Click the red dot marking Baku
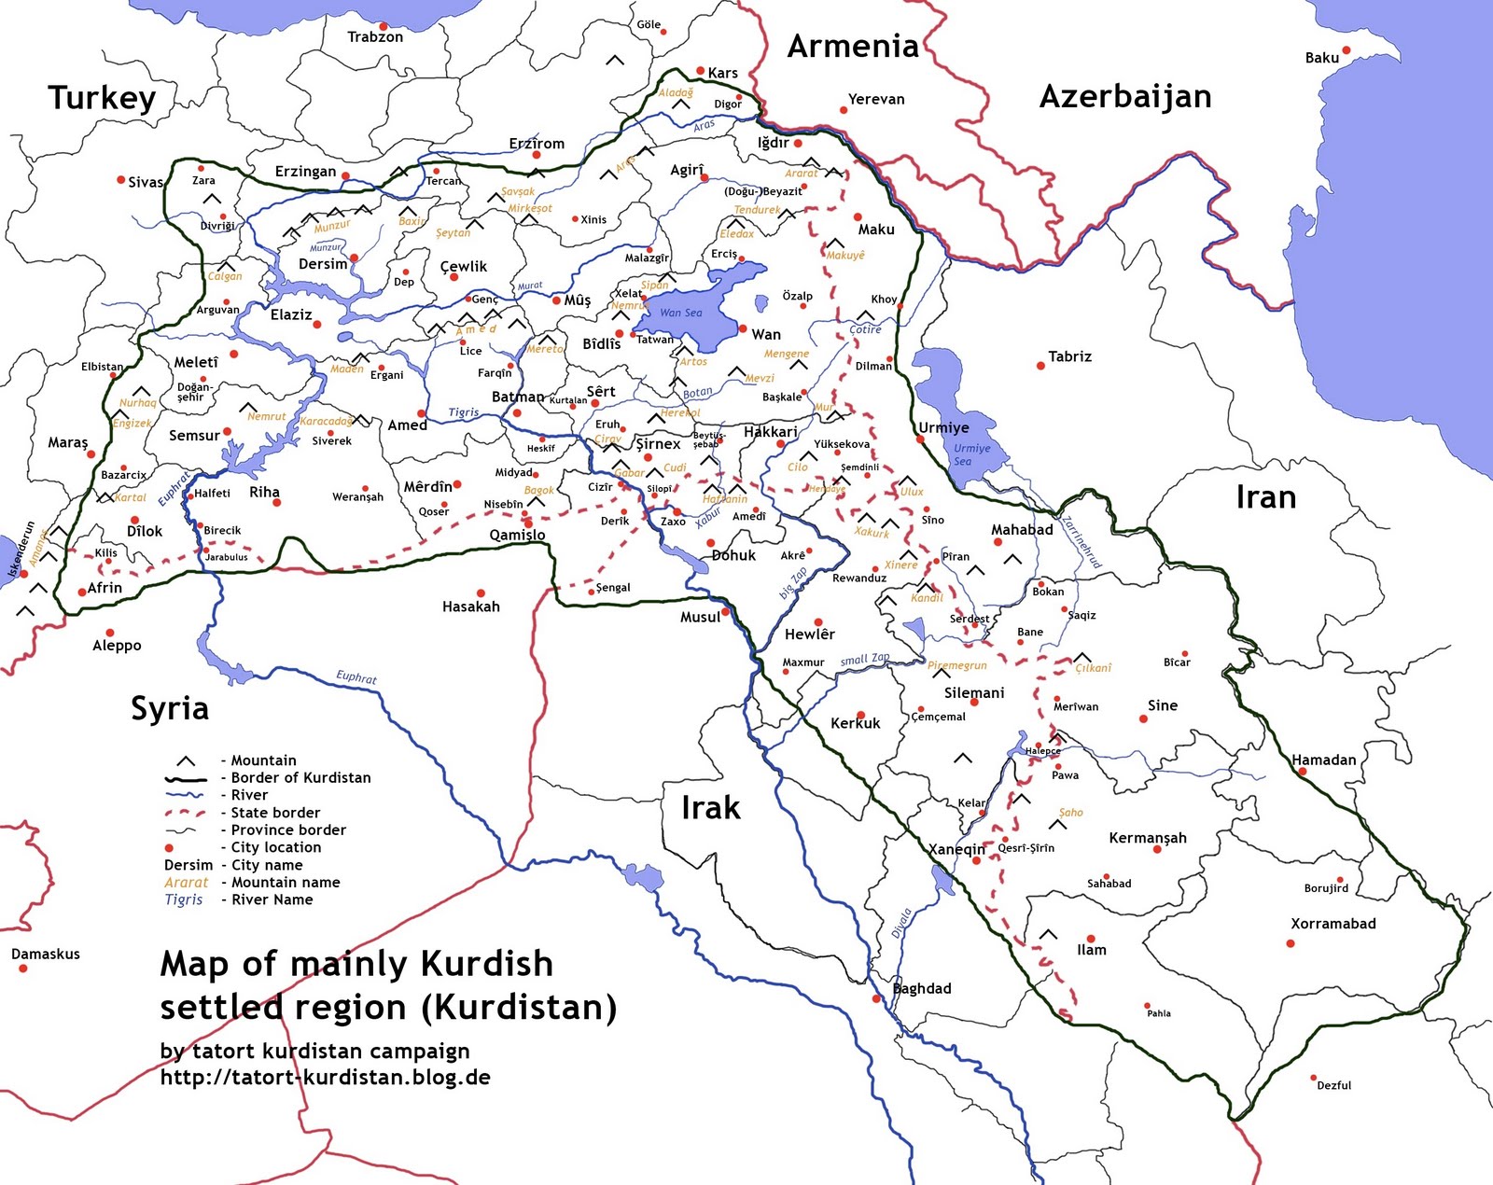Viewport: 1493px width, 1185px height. tap(1346, 50)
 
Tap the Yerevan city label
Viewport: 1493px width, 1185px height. tap(875, 99)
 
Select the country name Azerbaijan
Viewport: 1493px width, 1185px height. tap(1124, 96)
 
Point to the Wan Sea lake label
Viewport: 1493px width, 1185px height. tap(680, 313)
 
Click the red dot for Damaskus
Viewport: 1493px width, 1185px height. tap(22, 969)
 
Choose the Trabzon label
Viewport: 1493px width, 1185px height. tap(375, 37)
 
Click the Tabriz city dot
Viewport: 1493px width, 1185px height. tap(1041, 366)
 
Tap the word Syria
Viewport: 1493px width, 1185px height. tap(169, 709)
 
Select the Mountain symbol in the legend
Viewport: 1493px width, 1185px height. tap(186, 761)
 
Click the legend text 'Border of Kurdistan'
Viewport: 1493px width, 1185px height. tap(300, 778)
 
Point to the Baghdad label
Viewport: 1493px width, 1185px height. tap(922, 988)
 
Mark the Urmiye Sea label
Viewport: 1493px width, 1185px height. tap(970, 454)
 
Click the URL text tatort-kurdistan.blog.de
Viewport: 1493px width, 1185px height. tap(325, 1078)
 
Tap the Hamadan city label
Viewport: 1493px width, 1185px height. tap(1323, 760)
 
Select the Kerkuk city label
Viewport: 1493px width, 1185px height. tap(855, 723)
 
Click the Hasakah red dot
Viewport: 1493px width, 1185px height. tap(481, 592)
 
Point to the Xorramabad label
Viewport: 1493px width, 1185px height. tap(1333, 924)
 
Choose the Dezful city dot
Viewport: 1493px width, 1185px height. tap(1313, 1078)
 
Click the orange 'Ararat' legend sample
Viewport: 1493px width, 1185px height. tap(187, 883)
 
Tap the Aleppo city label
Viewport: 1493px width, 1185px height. tap(117, 646)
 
